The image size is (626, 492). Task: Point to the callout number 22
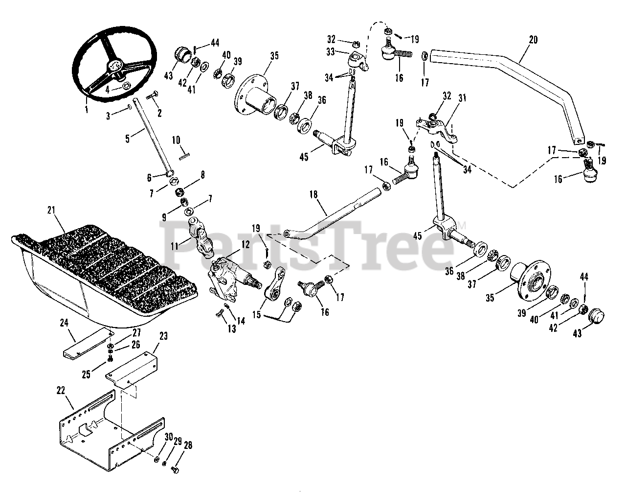pyautogui.click(x=60, y=390)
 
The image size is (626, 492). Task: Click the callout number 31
pyautogui.click(x=462, y=98)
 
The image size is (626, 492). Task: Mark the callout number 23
pyautogui.click(x=163, y=336)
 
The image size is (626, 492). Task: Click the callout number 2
pyautogui.click(x=159, y=113)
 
